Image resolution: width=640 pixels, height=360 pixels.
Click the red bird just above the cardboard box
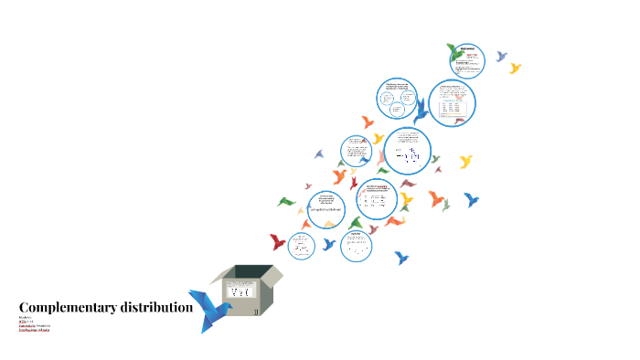pyautogui.click(x=278, y=242)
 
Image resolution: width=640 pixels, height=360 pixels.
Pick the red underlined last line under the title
pyautogui.click(x=35, y=329)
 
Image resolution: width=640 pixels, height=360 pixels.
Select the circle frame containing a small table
pyautogui.click(x=453, y=103)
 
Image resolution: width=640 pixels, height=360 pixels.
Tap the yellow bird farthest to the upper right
pyautogui.click(x=515, y=68)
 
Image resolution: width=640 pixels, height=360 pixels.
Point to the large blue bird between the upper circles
pyautogui.click(x=421, y=113)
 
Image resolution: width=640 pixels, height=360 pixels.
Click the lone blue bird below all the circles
pyautogui.click(x=401, y=259)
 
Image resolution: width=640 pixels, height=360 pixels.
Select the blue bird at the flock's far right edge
pyautogui.click(x=472, y=199)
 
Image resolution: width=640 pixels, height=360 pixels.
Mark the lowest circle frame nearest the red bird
pyautogui.click(x=301, y=245)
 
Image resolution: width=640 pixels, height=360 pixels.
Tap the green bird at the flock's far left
pyautogui.click(x=288, y=201)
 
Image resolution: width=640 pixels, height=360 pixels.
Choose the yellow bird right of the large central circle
pyautogui.click(x=465, y=162)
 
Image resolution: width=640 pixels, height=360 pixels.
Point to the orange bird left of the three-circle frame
pyautogui.click(x=368, y=122)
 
